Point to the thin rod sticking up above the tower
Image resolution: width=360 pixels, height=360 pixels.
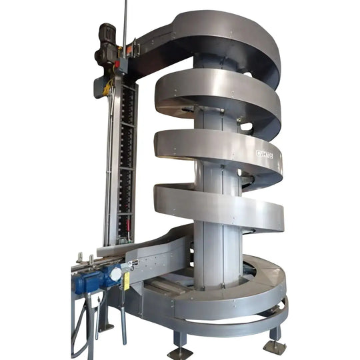[x=125, y=17]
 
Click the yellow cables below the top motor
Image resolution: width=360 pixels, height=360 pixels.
[x=107, y=87]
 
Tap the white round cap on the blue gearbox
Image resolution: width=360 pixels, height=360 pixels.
[x=115, y=274]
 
